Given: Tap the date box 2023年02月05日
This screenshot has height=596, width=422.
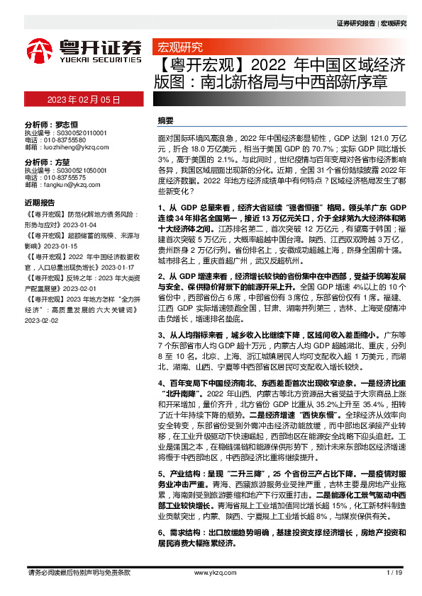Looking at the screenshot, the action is (x=84, y=99).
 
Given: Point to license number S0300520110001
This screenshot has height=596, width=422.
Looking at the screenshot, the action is (x=76, y=132).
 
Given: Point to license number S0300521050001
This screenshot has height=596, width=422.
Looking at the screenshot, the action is (x=76, y=171).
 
